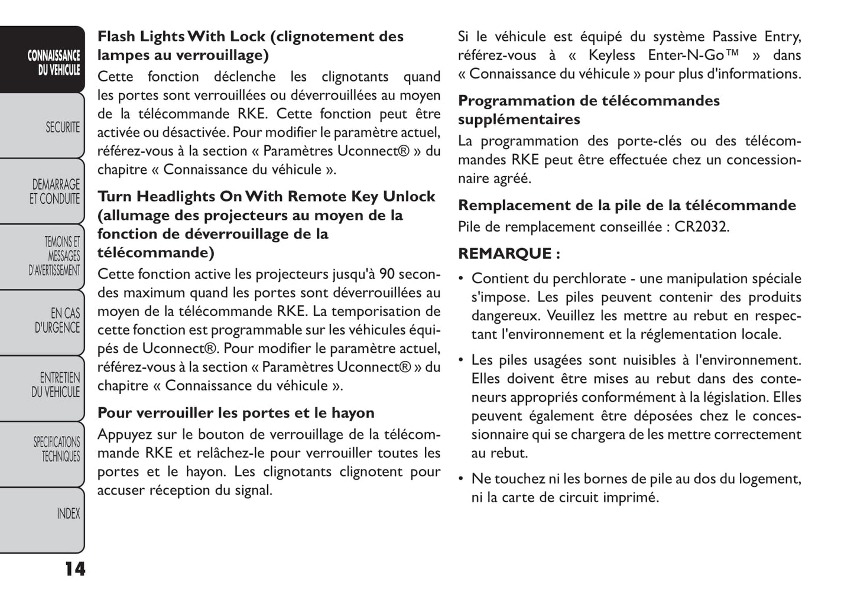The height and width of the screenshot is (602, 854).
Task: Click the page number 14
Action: coord(74,569)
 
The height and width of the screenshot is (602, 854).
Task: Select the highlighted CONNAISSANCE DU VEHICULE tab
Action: coord(53,63)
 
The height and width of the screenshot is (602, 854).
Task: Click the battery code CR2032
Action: coord(702,227)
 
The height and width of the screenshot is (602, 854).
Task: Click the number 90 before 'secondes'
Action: coord(387,274)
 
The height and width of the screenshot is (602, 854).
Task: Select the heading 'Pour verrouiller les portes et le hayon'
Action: coord(236,412)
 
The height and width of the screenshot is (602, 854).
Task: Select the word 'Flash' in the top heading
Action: coord(116,37)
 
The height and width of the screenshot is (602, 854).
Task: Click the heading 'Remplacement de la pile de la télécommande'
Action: coord(627,205)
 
